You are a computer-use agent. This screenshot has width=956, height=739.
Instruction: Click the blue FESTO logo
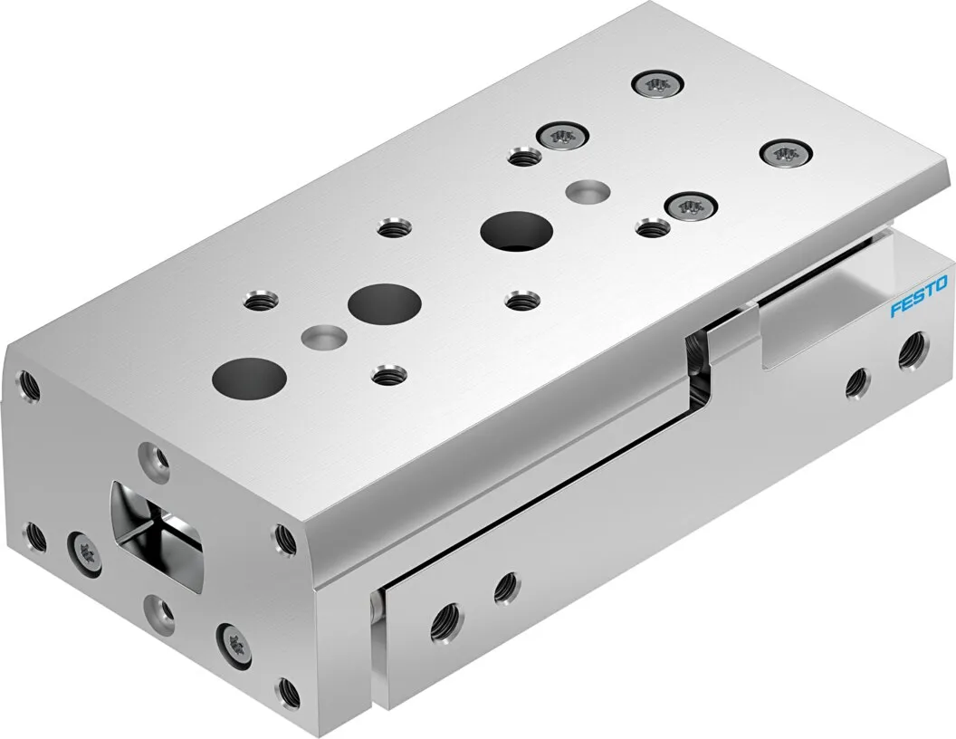coord(918,297)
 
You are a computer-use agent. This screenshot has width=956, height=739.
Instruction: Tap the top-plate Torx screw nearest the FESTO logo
coord(785,153)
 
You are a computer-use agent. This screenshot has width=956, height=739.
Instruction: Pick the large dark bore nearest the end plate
coord(249,376)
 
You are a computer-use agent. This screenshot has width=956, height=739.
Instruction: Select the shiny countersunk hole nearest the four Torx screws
coord(586,190)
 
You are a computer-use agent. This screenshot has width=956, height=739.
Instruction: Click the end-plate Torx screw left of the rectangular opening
coord(84,550)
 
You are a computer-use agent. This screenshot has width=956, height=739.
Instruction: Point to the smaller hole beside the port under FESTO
coord(856,385)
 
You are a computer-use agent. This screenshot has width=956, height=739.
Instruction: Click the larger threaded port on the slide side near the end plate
coord(445,619)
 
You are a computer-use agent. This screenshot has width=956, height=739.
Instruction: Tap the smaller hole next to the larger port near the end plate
coord(505,588)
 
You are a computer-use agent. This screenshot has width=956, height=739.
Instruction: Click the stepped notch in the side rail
coord(702,362)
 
